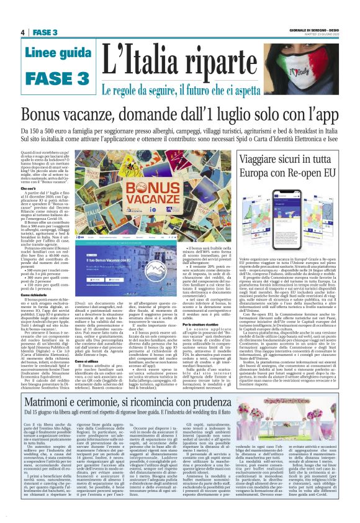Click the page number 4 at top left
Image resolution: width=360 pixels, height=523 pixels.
[x=22, y=32]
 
